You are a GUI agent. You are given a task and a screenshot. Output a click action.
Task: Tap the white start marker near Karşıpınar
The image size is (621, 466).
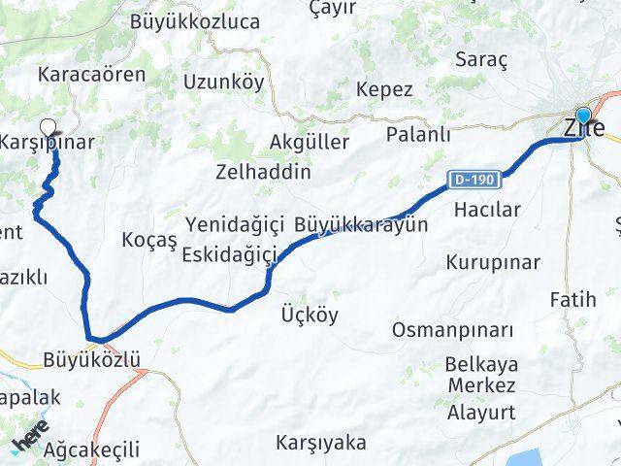click(49, 126)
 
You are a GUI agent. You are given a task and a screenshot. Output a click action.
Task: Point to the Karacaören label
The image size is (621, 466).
click(78, 74)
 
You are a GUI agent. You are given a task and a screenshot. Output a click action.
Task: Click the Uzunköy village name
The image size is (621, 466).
click(223, 82)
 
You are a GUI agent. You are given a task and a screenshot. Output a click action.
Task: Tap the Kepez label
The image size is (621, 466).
click(384, 89)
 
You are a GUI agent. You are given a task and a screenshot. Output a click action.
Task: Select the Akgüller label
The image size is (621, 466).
click(310, 143)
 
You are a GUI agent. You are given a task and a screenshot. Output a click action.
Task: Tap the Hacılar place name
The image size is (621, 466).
click(488, 209)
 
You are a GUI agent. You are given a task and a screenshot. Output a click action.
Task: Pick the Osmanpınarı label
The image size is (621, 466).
click(452, 330)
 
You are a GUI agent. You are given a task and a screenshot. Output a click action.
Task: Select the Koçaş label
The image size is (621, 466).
click(150, 239)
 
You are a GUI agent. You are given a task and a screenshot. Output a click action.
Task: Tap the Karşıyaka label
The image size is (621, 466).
click(321, 443)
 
